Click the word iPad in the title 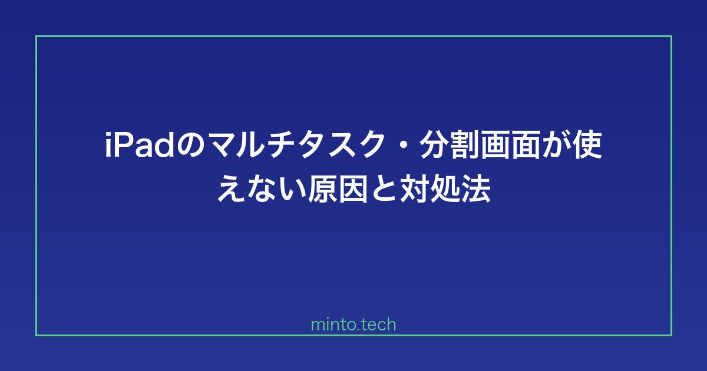point(139,145)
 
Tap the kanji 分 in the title point(434,145)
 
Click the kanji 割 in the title point(465,145)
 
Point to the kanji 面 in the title point(526,145)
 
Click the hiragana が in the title point(556,145)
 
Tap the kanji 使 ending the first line point(586,145)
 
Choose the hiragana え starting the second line point(232,189)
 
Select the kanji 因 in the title point(353,189)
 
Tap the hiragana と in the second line point(384,189)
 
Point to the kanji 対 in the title point(414,189)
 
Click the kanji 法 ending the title point(475,189)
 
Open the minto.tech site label point(353,324)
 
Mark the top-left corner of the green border point(37,37)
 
